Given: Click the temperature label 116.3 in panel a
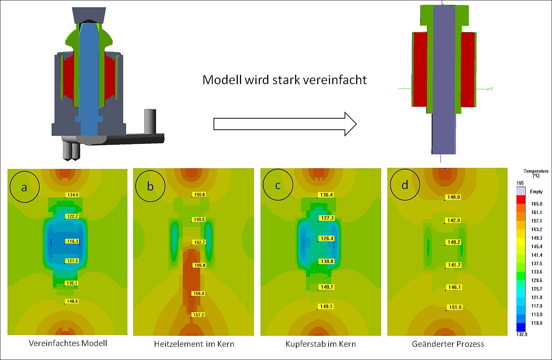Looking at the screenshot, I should [x=72, y=241].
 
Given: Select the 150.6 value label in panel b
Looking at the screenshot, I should [x=199, y=194].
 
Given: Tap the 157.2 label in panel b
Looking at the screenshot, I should [x=198, y=315].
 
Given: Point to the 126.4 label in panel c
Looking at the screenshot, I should [x=327, y=238].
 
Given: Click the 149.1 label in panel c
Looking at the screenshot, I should [x=326, y=306].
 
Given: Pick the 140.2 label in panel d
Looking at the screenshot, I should [x=454, y=242].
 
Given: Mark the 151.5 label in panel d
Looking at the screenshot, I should [x=455, y=307].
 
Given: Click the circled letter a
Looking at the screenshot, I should [x=24, y=187].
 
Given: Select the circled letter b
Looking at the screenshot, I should [x=150, y=187].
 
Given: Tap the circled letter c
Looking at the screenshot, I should [x=278, y=185].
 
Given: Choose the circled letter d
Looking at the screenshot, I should [x=405, y=185].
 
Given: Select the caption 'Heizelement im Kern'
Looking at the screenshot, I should [x=194, y=344].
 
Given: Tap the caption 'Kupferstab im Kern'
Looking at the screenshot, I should [x=320, y=344].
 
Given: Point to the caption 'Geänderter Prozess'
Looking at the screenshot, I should [x=448, y=344].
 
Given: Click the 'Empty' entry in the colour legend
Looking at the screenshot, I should [x=536, y=191].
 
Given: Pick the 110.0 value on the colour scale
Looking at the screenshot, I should [x=537, y=323].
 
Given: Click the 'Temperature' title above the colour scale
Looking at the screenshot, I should [x=536, y=171].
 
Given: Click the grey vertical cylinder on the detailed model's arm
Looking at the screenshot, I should [x=150, y=121].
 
